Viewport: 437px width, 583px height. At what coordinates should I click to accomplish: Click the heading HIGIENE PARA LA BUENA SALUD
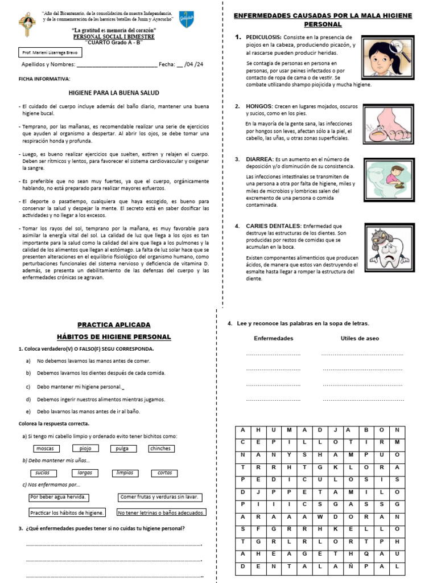(x=114, y=93)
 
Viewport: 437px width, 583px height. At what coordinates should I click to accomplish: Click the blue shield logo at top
(x=185, y=18)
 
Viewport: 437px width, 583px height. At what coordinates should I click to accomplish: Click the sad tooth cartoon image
(x=388, y=247)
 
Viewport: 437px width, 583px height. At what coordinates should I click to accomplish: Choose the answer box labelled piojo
(x=85, y=449)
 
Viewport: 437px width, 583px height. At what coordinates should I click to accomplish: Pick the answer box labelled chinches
(x=160, y=449)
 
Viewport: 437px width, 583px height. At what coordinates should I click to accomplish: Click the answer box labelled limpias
(x=125, y=473)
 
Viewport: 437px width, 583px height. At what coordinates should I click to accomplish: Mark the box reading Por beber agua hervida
(x=59, y=497)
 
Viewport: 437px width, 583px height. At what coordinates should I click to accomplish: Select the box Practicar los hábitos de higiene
(x=67, y=512)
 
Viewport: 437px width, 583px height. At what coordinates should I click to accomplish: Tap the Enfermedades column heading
(x=273, y=338)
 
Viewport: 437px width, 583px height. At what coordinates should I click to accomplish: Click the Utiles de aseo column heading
(x=360, y=338)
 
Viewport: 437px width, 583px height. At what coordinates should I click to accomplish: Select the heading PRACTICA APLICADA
(x=114, y=325)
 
